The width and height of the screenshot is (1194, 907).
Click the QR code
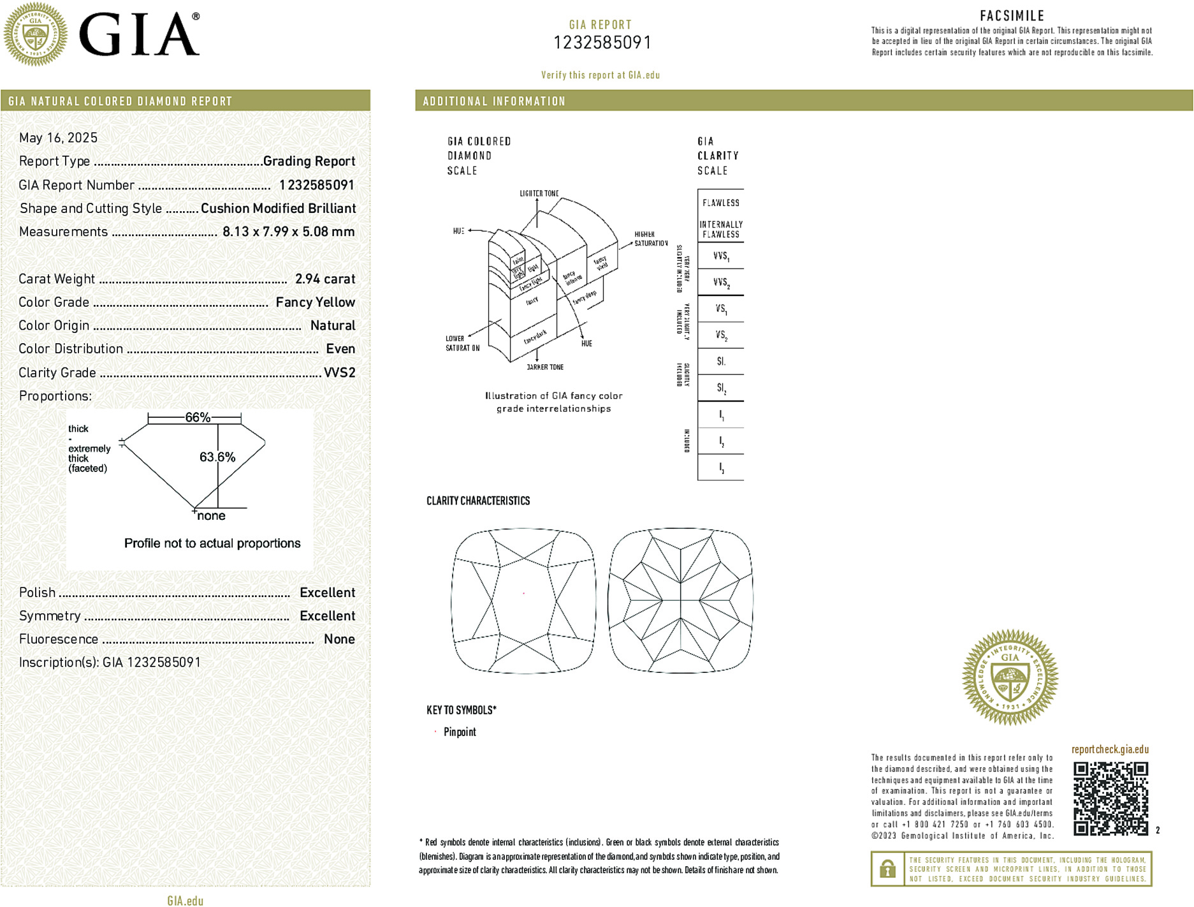pos(1110,798)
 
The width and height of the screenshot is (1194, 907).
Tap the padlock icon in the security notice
pos(887,869)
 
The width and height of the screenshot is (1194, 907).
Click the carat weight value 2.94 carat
pos(324,279)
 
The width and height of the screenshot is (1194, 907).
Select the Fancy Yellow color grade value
pos(315,302)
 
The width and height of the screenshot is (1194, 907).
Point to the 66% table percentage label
pos(197,418)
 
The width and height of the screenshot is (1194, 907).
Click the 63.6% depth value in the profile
pos(217,457)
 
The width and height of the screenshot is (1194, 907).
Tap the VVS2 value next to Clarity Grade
pos(339,372)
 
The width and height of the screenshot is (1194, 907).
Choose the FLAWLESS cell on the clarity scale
pos(720,203)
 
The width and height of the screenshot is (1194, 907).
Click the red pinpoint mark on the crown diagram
pos(524,593)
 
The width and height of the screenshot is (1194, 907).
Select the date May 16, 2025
pos(58,138)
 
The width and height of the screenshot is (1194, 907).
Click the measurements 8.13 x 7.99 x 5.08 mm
pos(288,232)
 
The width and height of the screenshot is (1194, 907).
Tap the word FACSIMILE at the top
pos(1012,16)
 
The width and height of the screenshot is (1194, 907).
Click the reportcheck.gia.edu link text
pos(1110,749)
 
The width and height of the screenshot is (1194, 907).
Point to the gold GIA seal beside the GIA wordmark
pos(35,34)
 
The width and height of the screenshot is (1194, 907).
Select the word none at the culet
pos(211,516)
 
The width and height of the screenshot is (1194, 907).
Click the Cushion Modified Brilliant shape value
pos(278,209)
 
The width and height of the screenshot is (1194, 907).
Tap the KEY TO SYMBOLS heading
pos(461,710)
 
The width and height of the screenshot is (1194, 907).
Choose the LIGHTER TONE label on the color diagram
pos(539,193)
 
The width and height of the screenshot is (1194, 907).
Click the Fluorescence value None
pos(339,639)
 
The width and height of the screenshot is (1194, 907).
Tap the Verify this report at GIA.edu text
pos(600,75)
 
